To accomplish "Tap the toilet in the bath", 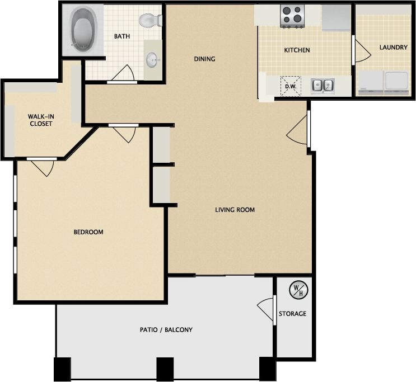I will click(151, 21).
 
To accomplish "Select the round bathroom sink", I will click(152, 58).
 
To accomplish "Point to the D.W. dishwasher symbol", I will click(290, 86).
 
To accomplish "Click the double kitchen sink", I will click(322, 86).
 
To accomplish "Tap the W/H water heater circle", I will click(296, 290).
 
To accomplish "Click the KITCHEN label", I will click(297, 50).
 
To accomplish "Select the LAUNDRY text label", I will click(393, 48).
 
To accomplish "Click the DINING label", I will click(204, 59).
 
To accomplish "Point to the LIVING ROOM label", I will click(235, 210).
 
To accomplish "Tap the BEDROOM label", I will click(88, 232).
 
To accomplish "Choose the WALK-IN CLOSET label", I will click(41, 120).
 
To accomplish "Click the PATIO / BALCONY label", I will click(166, 330).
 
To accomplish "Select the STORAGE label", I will click(292, 314).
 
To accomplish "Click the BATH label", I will click(122, 36).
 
